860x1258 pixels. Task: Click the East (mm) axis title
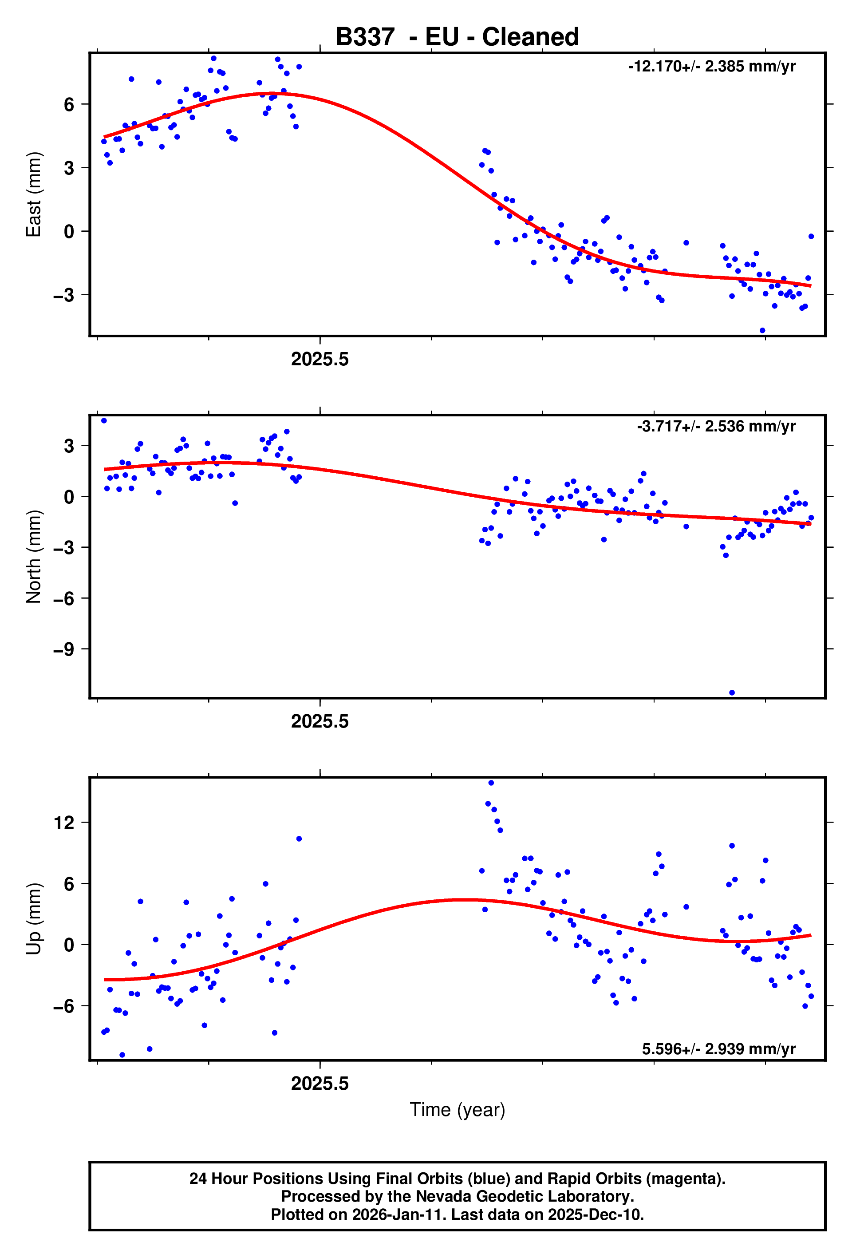click(x=34, y=194)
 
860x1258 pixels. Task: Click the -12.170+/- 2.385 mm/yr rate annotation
click(x=711, y=67)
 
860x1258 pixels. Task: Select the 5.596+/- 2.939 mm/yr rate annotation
click(x=718, y=1048)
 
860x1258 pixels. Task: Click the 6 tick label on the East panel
click(x=69, y=104)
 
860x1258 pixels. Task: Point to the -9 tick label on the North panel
click(x=64, y=649)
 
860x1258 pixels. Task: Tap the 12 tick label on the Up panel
click(x=64, y=823)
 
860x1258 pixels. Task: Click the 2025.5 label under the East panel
click(x=320, y=359)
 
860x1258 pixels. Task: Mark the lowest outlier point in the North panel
click(x=731, y=692)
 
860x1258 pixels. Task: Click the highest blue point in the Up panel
click(x=490, y=783)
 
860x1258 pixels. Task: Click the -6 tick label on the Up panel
click(x=64, y=1006)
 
